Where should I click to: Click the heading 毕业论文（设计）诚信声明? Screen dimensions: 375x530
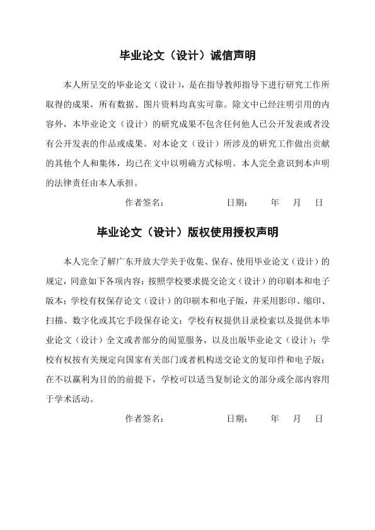[187, 56]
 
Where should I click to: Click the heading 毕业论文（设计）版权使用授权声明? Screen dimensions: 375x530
[187, 232]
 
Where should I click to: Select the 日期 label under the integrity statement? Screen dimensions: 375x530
[236, 203]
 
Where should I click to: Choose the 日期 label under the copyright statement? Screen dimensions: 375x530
[236, 418]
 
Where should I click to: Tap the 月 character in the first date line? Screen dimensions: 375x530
[297, 203]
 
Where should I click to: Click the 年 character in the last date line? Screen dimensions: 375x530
[275, 418]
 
